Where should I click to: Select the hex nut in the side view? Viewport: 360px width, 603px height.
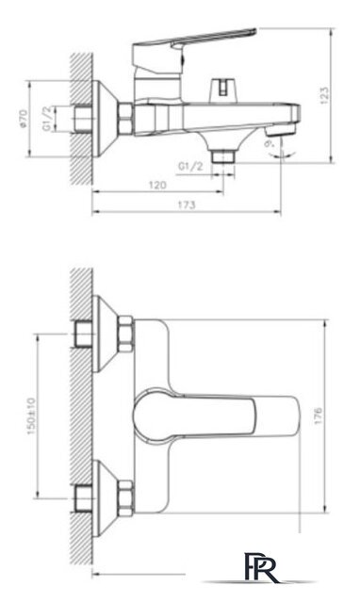pos(127,121)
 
